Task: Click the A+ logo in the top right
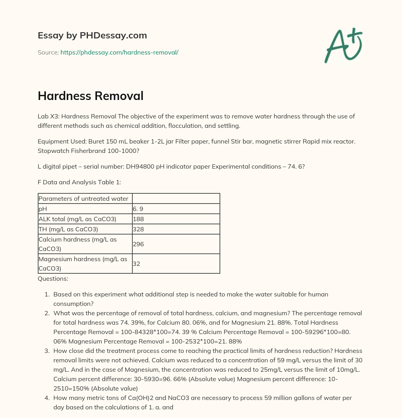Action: coord(344,45)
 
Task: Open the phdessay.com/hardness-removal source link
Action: coord(119,52)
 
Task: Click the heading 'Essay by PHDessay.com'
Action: coord(92,35)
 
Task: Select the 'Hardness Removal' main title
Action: coord(91,96)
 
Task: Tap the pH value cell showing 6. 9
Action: coord(137,209)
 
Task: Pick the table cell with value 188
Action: coord(139,219)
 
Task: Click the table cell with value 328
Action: coord(139,229)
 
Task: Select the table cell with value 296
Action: coord(139,244)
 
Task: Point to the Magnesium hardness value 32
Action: coord(137,264)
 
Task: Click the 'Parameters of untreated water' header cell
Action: coord(83,198)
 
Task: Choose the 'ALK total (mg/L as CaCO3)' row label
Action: coord(77,219)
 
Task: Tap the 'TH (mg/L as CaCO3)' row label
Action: coord(68,229)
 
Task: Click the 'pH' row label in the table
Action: coord(43,209)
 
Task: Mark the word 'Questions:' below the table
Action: coord(53,279)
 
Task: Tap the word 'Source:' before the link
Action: coord(48,52)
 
